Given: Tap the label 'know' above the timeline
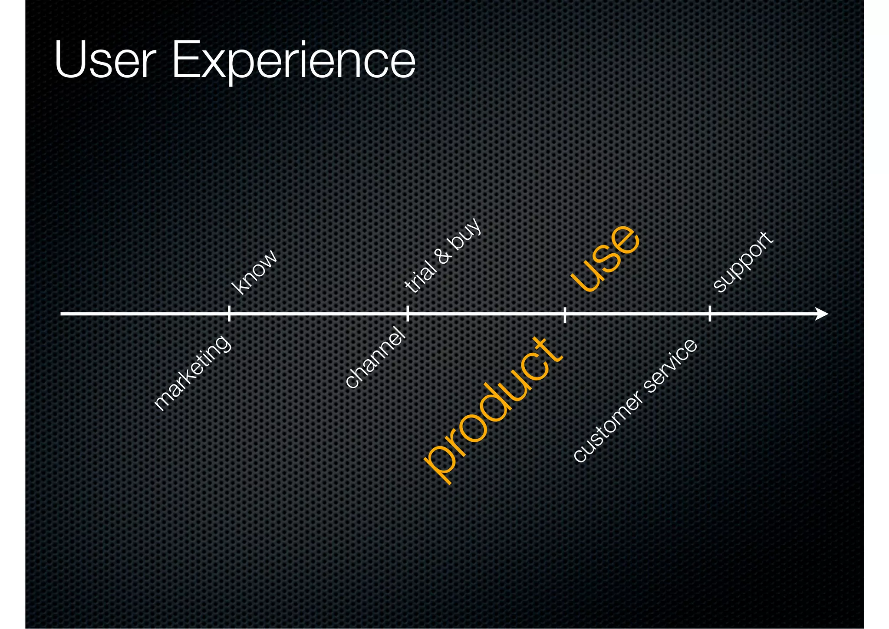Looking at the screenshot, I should [254, 272].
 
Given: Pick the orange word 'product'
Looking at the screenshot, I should [494, 411].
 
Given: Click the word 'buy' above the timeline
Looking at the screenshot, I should [467, 233].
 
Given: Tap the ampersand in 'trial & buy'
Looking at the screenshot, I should [444, 256].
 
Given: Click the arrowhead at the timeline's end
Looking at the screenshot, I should [822, 313].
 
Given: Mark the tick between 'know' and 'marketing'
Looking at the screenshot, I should [229, 313].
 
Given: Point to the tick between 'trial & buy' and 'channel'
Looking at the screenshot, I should [407, 313].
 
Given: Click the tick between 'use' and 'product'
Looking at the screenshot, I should [565, 314].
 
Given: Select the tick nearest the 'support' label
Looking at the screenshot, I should [710, 313].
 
